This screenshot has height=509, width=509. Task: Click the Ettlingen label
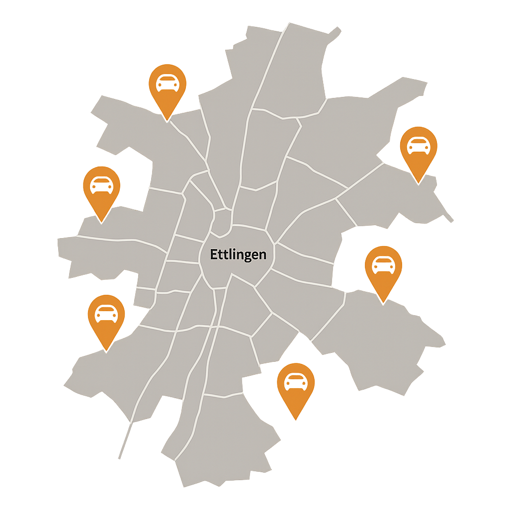pos(238,254)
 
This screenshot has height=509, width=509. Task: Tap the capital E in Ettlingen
pos(214,254)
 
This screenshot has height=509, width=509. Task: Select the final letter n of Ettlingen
pos(262,255)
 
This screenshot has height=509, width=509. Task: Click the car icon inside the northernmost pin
pos(168,83)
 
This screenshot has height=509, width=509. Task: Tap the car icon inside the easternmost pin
pos(419,145)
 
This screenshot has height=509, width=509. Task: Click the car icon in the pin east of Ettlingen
pos(383,264)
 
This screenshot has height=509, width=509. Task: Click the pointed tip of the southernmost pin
pos(296,420)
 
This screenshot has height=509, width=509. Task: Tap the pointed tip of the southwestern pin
pos(106,350)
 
